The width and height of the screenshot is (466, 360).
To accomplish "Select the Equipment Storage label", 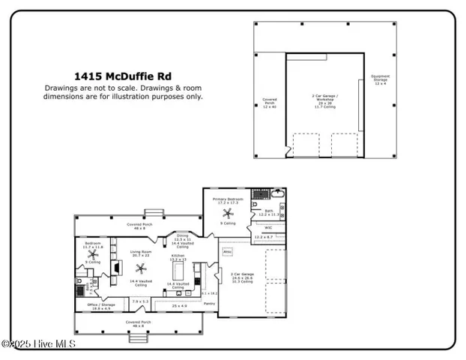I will click(380, 79).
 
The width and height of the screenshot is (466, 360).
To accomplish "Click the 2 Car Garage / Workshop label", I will click(324, 101).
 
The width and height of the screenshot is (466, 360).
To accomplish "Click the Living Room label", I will click(141, 253).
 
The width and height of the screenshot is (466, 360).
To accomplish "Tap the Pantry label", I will click(209, 303).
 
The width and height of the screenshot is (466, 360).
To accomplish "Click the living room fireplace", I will click(115, 268).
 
